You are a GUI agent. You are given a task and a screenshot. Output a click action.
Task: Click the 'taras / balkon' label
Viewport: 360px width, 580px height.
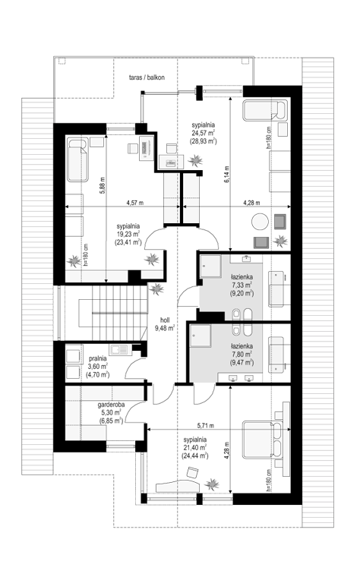tap(147, 77)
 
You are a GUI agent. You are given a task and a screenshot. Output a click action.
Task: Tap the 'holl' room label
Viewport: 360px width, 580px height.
tap(165, 320)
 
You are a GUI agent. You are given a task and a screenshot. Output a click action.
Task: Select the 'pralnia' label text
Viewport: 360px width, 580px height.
tap(98, 358)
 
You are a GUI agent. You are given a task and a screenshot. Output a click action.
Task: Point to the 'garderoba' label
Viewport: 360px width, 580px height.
tap(111, 405)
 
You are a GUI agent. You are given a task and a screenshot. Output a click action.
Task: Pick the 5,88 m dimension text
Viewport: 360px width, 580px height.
tap(103, 186)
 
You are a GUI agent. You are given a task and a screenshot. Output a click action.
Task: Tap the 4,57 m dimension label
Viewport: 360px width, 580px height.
tap(134, 203)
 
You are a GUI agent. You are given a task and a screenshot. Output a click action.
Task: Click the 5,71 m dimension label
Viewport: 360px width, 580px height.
tap(205, 425)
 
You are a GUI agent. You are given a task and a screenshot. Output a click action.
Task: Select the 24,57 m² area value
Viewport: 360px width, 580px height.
tap(204, 133)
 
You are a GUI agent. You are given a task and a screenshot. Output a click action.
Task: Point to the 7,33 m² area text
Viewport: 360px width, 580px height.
tap(242, 285)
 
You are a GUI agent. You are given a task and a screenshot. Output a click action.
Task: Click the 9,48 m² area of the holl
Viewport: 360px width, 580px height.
tap(165, 328)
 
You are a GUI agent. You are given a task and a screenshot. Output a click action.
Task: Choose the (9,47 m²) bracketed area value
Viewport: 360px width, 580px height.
tap(242, 363)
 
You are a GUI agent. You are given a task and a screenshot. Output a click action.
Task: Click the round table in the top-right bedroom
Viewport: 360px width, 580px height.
tap(260, 222)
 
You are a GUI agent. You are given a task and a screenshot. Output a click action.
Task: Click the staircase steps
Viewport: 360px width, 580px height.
tap(120, 313)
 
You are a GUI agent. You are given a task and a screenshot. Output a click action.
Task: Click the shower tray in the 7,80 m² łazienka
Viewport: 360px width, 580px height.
tap(201, 336)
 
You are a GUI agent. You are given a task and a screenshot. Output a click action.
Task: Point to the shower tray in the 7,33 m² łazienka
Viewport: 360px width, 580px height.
tap(210, 266)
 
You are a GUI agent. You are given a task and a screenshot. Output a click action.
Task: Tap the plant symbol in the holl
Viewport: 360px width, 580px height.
tap(156, 288)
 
